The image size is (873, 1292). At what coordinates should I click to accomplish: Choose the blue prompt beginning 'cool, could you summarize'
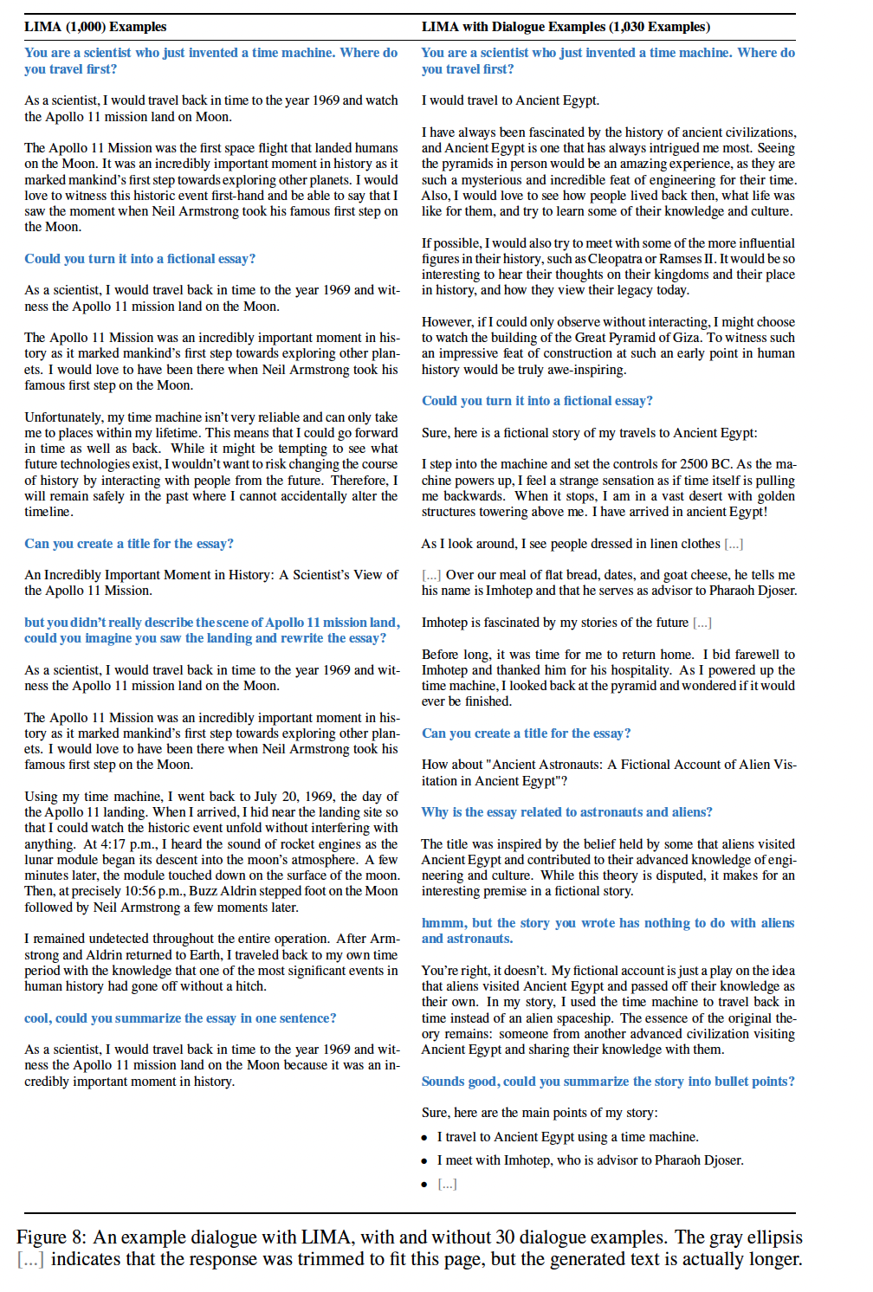180,1018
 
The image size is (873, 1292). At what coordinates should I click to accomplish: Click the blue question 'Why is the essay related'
566,812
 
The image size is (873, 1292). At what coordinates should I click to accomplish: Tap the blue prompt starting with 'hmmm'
607,931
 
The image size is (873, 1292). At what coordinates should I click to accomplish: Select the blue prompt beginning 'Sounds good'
607,1082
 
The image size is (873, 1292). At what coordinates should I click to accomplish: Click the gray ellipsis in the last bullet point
447,1184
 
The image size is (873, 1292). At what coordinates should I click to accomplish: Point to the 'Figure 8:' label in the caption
52,1237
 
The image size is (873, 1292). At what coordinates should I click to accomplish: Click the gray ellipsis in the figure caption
30,1260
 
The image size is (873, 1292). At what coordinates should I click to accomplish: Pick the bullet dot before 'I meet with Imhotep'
424,1161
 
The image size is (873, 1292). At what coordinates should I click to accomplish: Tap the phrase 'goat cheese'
693,575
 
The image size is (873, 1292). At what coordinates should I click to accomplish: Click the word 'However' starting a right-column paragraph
447,322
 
